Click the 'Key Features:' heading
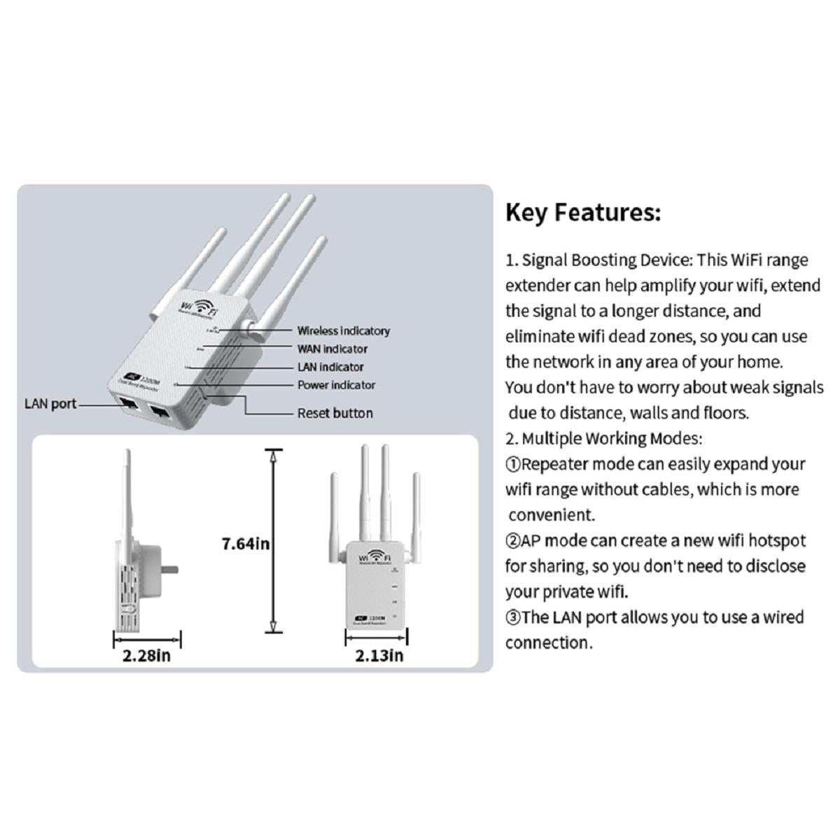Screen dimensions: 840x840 pos(583,212)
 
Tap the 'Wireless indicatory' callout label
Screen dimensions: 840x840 pos(343,331)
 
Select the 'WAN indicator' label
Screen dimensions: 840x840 pos(332,349)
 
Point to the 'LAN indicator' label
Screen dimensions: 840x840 pos(330,367)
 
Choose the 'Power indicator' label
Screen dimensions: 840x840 pos(336,385)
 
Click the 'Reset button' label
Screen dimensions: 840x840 pos(335,413)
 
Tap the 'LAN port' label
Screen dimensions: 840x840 pos(50,404)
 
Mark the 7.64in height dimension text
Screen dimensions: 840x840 pos(246,543)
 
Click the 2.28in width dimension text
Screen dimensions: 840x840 pos(146,656)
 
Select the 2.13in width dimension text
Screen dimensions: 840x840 pos(379,656)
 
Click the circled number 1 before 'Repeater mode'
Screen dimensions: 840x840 pos(513,464)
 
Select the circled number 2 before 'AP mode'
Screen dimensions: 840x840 pos(513,540)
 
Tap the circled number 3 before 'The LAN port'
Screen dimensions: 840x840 pos(513,617)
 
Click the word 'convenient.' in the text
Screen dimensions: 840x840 pos(552,515)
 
